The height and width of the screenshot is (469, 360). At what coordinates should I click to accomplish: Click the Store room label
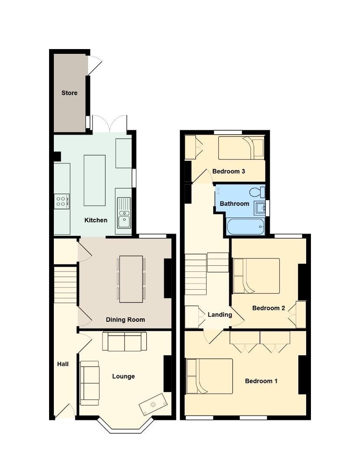pos(69,93)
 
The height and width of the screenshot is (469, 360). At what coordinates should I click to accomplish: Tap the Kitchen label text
pos(96,220)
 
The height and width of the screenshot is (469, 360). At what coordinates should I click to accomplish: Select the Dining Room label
pos(126,320)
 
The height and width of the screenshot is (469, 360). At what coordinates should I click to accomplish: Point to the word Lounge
pos(123,376)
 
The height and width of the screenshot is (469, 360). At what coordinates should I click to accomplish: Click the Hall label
pos(63,364)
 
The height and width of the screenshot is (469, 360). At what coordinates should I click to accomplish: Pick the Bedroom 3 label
pos(229,172)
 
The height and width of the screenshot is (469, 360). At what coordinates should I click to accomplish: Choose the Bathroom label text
pos(234,204)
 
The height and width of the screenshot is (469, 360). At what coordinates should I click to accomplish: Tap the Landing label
pos(220,315)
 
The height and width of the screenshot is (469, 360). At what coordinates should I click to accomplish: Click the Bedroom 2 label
pos(269,308)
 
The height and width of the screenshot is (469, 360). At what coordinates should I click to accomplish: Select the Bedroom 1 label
pos(261,381)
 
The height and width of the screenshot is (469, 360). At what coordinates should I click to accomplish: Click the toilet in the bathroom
pos(258,192)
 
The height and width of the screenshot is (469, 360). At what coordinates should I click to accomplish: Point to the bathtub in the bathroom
pos(245,227)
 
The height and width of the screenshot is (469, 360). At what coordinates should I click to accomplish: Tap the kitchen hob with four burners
pos(62,200)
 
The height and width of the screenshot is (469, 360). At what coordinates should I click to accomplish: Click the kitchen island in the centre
pos(94,180)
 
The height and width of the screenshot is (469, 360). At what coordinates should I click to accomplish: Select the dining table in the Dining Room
pos(131,279)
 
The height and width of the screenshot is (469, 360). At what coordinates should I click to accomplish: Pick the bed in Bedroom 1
pos(209,376)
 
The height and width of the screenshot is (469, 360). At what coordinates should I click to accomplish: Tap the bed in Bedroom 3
pos(241,147)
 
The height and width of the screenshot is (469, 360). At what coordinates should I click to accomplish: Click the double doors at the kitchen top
pos(109,123)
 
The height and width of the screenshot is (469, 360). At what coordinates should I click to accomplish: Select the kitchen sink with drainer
pos(123,213)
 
